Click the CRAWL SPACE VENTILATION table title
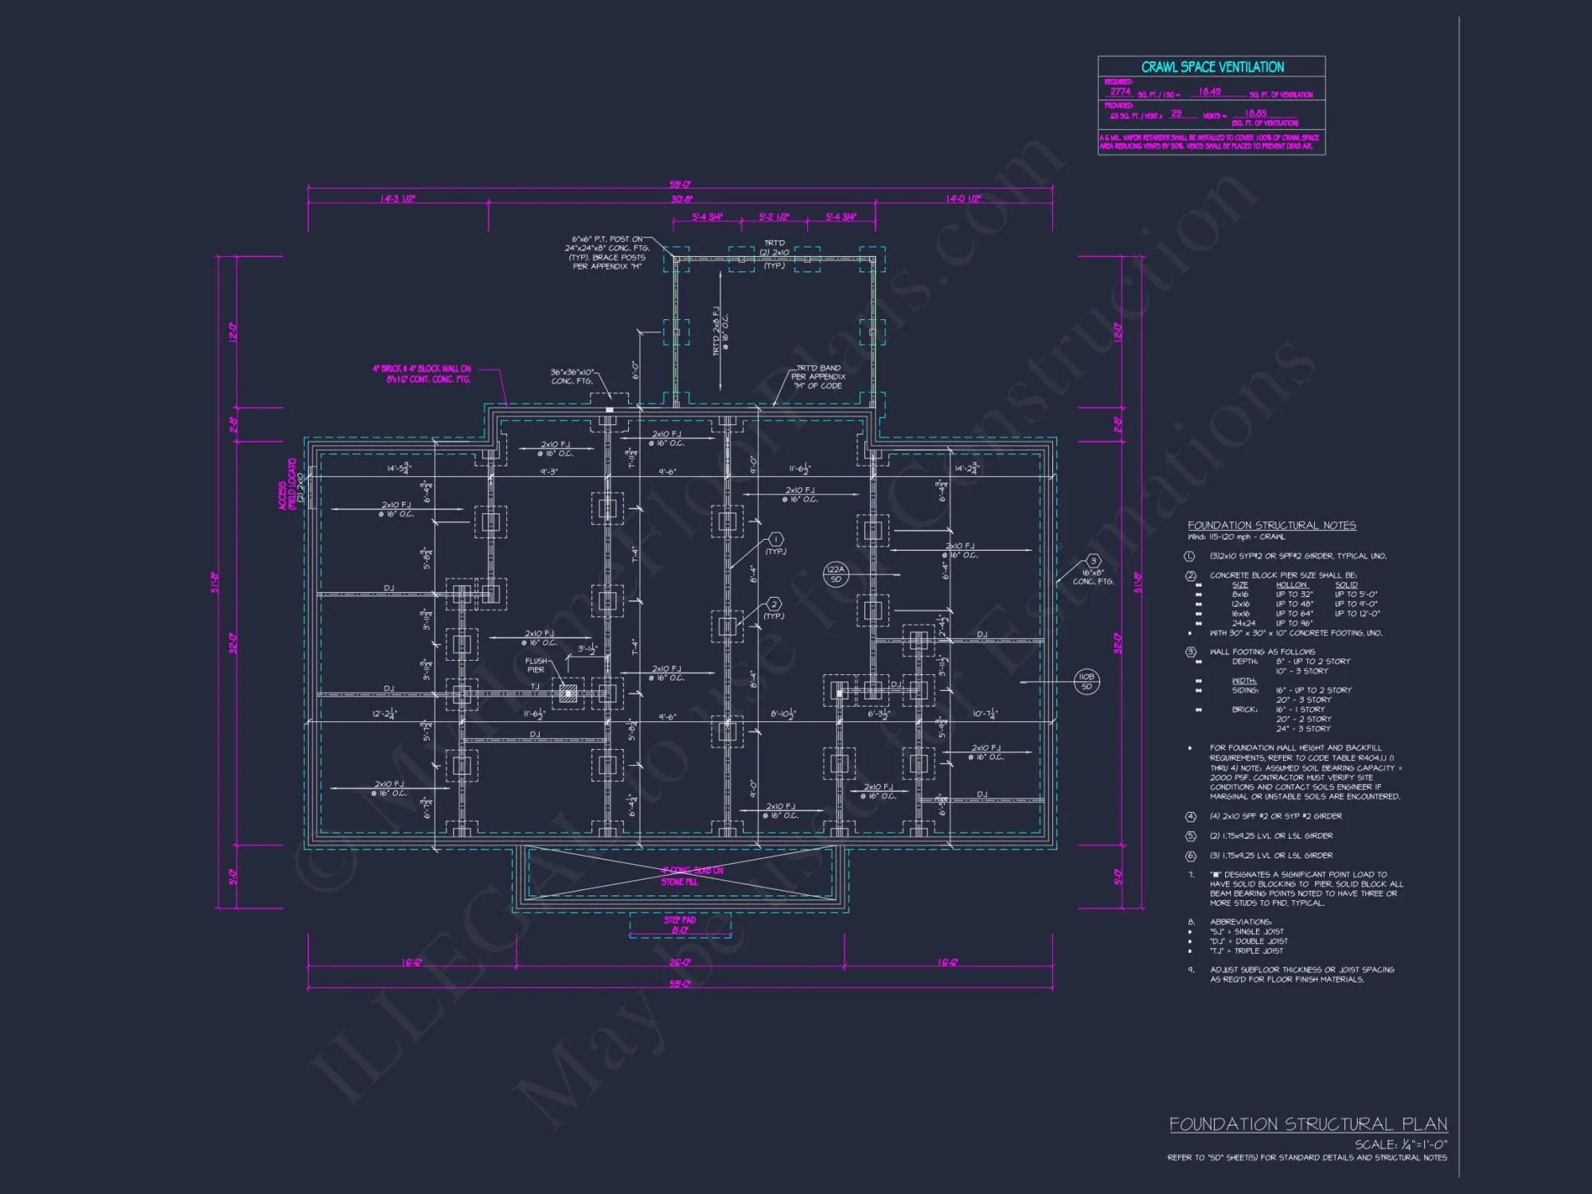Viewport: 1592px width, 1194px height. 1212,68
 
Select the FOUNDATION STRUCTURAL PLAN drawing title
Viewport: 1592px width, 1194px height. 1308,1124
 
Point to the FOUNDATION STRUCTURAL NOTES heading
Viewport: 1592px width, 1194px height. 1271,525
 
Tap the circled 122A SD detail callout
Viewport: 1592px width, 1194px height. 836,574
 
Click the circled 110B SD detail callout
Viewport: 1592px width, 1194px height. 1087,681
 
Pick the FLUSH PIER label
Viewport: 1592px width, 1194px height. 536,665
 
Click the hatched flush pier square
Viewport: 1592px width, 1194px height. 568,693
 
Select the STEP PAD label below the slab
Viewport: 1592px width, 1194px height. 680,924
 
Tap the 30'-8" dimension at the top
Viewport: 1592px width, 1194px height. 681,199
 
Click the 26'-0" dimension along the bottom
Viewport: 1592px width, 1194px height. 680,962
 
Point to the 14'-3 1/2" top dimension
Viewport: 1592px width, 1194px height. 397,199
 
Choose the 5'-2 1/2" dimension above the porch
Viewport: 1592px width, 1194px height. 774,217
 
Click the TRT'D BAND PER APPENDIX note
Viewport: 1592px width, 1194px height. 819,377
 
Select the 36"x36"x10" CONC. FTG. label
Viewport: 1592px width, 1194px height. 572,377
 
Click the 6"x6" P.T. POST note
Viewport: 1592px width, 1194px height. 607,252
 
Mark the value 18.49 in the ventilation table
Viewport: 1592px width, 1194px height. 1209,92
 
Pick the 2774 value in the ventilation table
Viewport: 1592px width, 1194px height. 1120,92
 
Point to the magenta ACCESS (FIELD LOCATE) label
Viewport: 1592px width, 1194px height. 287,484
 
